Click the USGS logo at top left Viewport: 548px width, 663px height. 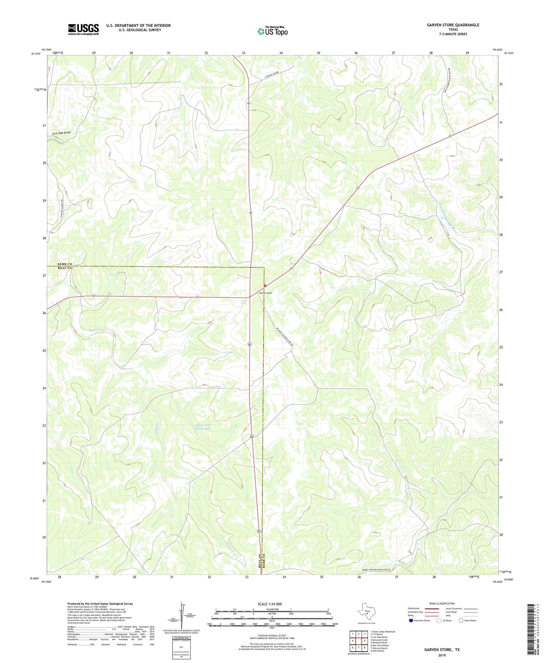pyautogui.click(x=83, y=29)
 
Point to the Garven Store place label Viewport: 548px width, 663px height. pyautogui.click(x=265, y=293)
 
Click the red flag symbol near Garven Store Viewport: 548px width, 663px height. pyautogui.click(x=265, y=286)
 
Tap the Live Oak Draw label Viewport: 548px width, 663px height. pyautogui.click(x=61, y=133)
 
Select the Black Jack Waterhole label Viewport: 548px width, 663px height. pyautogui.click(x=203, y=426)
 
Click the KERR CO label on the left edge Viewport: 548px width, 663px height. pyautogui.click(x=65, y=264)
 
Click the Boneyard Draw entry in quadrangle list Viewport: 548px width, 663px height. pyautogui.click(x=379, y=642)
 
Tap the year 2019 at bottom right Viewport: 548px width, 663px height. pyautogui.click(x=442, y=655)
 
